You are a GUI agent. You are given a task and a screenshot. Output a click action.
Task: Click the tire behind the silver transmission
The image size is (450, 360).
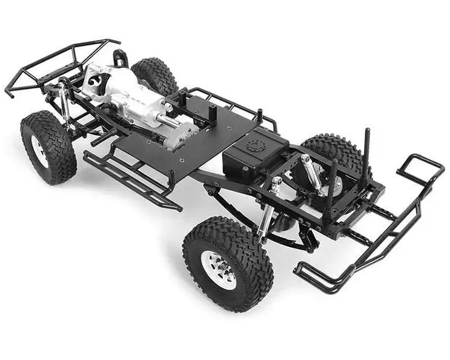(154, 76)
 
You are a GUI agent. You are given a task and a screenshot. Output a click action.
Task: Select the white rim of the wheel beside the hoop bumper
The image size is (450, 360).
(40, 152)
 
